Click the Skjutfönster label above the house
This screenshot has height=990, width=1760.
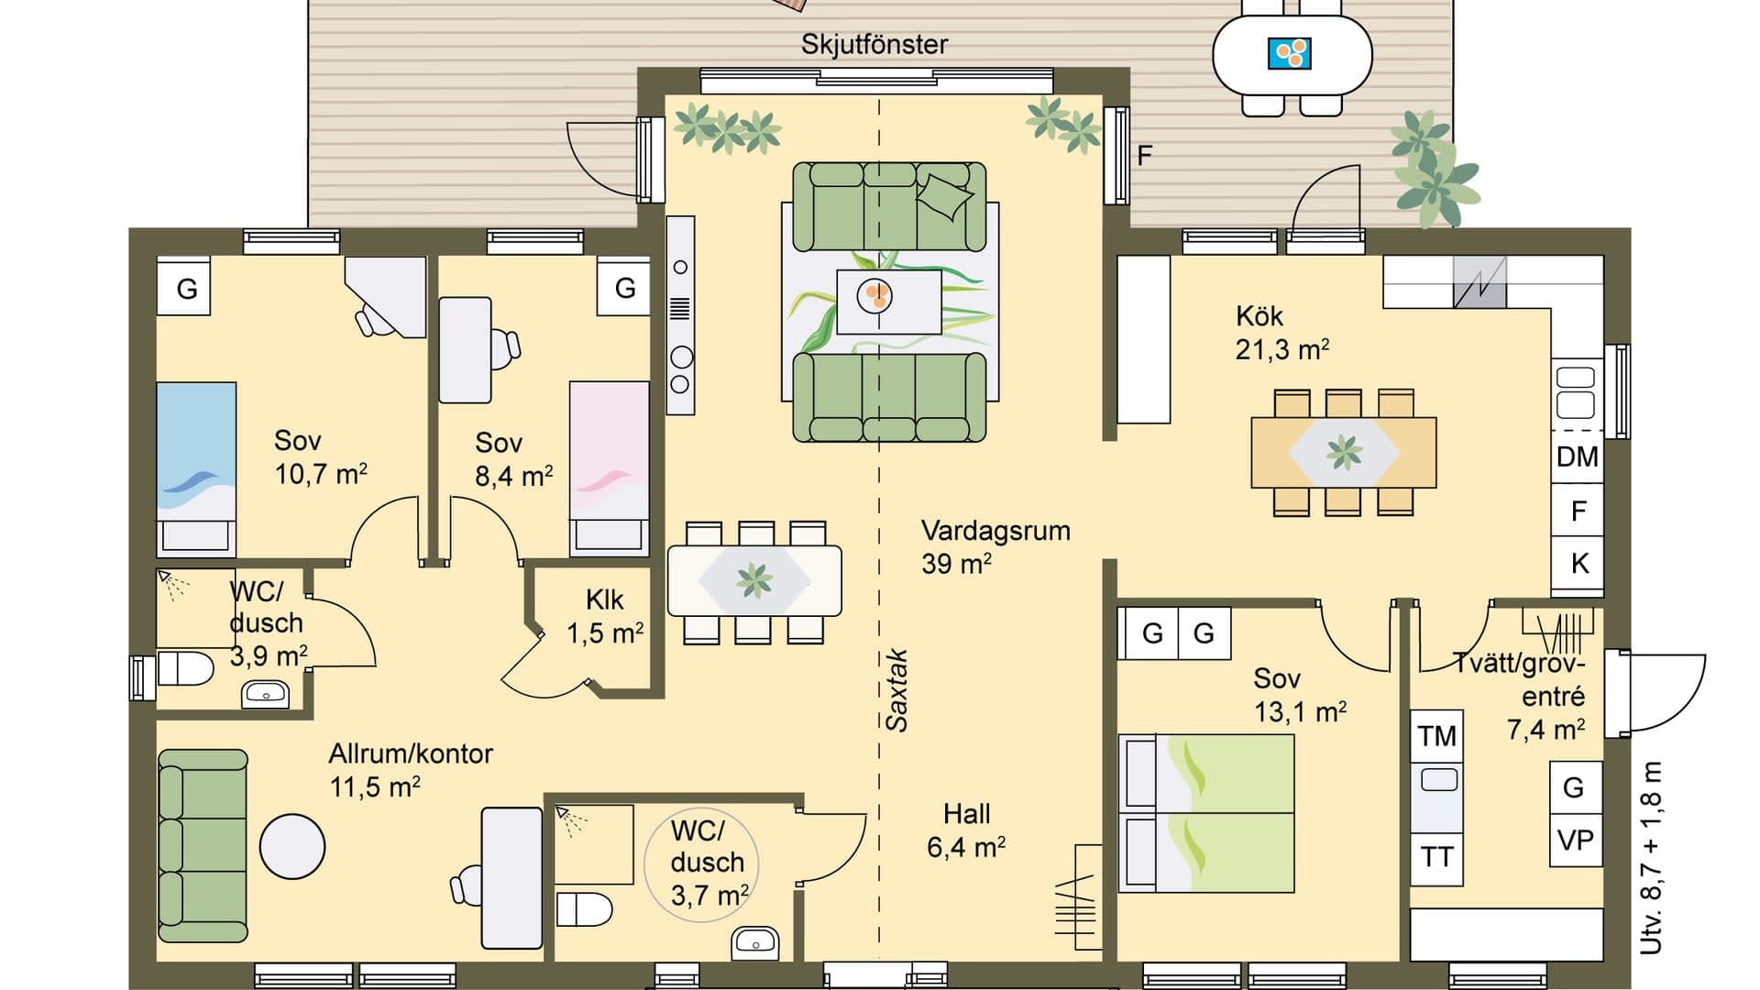[874, 44]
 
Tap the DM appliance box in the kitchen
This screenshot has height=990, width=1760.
[1577, 456]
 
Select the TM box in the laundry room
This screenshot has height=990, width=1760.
[1436, 736]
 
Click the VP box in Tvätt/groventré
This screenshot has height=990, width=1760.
[1575, 840]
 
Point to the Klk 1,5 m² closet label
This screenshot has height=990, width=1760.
[604, 616]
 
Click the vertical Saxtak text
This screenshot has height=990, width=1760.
[897, 690]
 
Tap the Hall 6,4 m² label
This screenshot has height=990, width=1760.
[965, 830]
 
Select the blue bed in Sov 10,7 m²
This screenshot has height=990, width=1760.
[195, 467]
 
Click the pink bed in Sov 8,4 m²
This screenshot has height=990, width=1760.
[609, 467]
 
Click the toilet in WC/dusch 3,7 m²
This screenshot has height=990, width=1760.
[584, 909]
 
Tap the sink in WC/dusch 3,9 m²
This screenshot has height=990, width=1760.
[265, 694]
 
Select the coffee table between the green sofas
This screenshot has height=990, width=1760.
[888, 301]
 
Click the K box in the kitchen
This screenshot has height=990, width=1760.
[1578, 563]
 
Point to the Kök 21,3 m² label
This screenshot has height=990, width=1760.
[1281, 333]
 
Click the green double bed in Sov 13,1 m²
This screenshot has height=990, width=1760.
[1206, 812]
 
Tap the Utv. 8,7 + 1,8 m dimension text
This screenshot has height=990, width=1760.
[1650, 857]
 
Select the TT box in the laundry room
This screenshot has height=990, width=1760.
[1436, 857]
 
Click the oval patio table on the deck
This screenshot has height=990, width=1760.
[1292, 55]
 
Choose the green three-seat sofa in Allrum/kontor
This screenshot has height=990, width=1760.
[203, 846]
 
